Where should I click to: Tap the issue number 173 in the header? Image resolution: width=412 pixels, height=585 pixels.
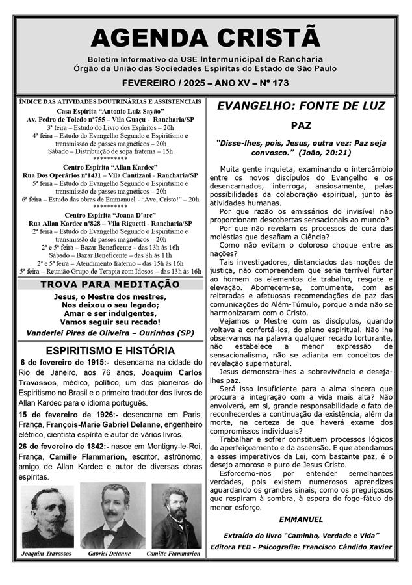[281, 83]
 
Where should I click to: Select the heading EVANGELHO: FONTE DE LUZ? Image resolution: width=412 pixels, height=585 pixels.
[301, 106]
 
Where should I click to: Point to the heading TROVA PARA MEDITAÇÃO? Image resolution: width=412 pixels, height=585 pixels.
[110, 284]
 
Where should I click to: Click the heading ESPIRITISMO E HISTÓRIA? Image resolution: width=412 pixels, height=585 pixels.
[110, 350]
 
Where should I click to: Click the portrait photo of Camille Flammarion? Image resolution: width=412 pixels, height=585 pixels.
[176, 515]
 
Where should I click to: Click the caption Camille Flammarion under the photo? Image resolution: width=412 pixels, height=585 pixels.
[174, 554]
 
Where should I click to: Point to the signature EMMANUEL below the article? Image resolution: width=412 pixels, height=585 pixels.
[301, 519]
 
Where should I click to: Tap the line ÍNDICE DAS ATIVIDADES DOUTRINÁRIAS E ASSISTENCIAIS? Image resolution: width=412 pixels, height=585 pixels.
[110, 102]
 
